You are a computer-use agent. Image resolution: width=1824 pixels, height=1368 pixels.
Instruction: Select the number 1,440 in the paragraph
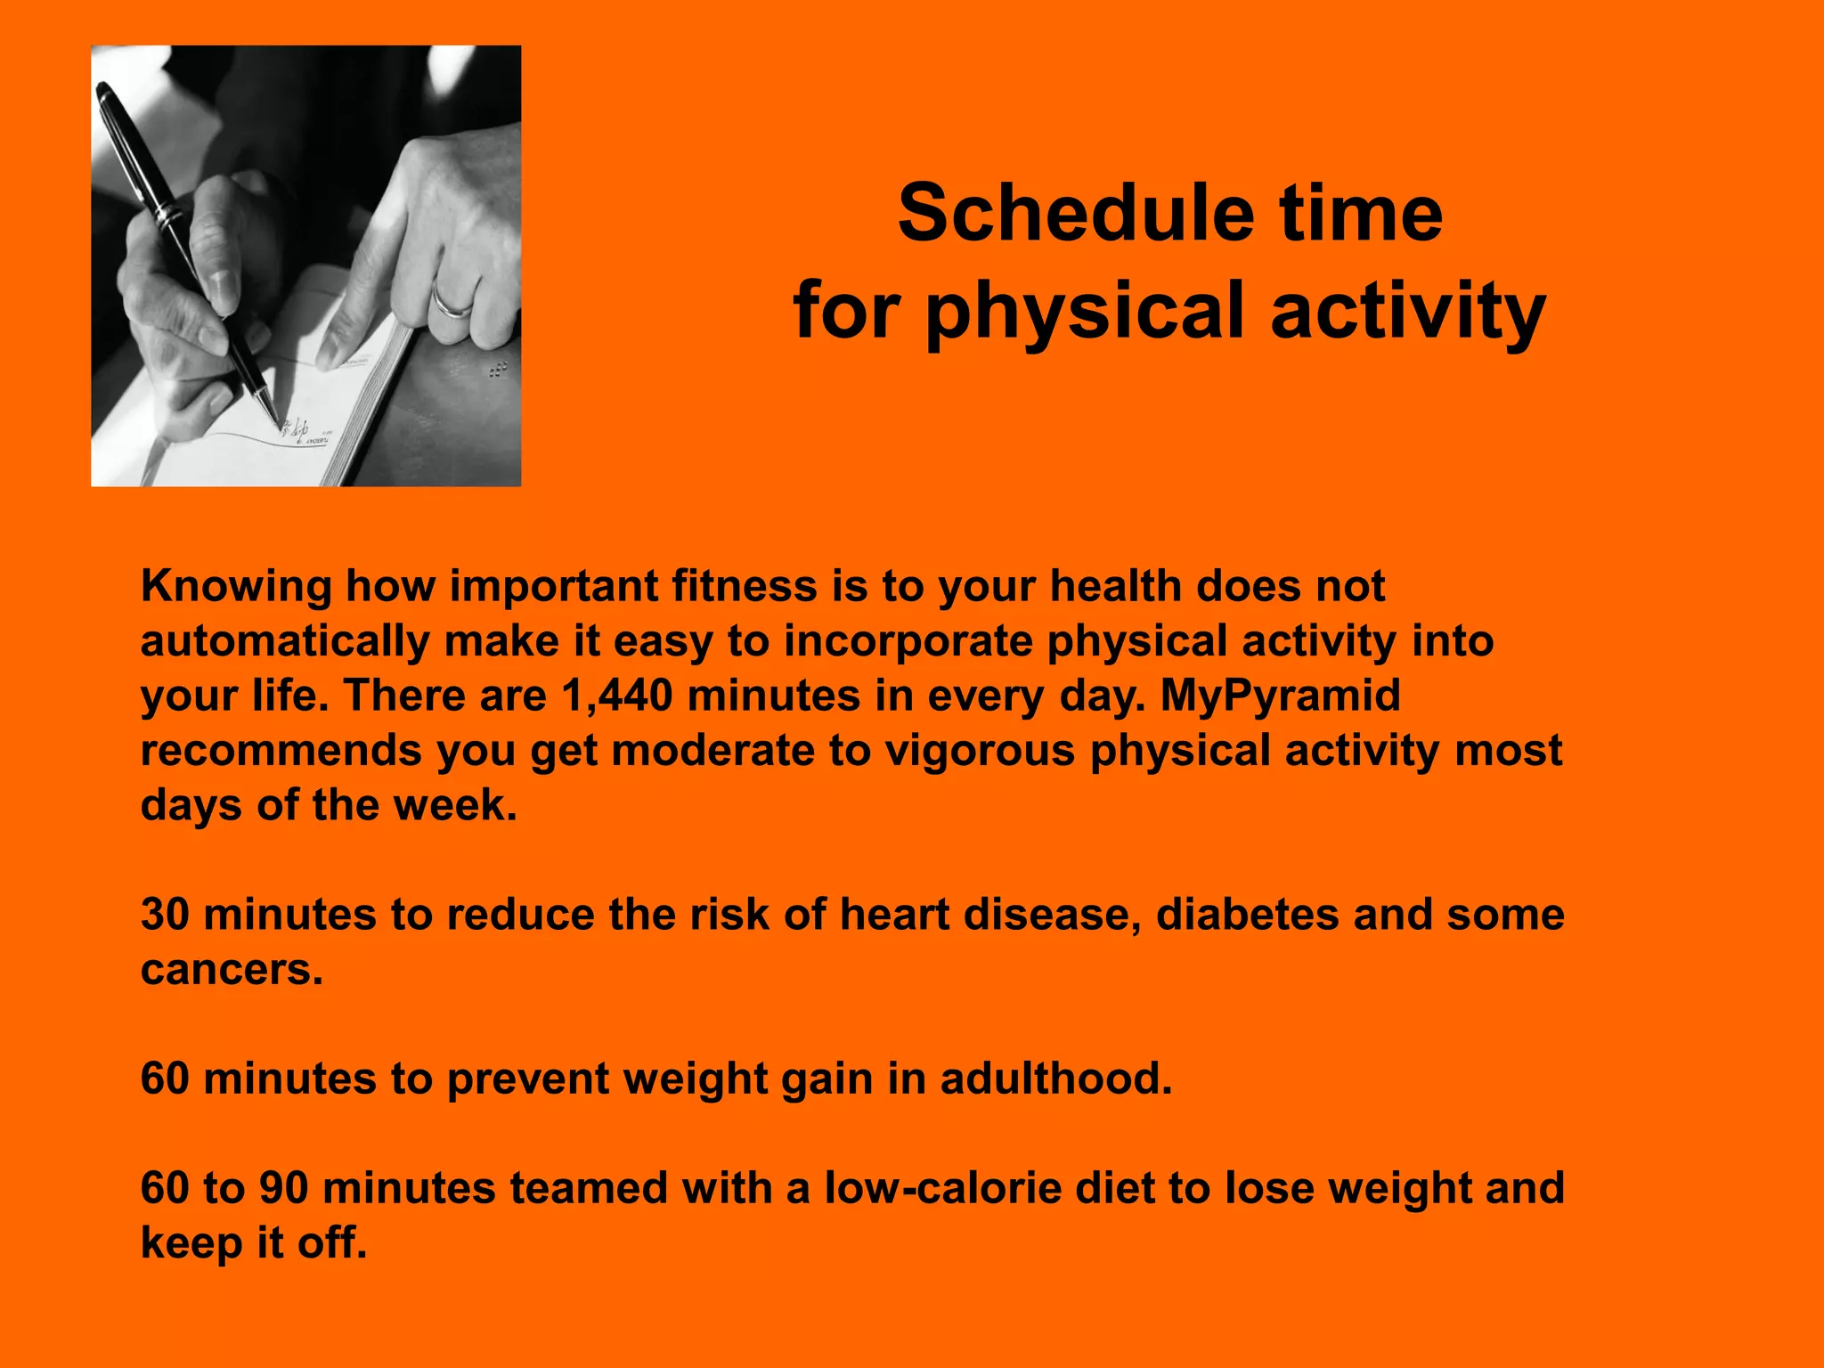[617, 696]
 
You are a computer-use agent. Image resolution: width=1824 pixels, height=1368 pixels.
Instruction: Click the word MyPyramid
[1280, 696]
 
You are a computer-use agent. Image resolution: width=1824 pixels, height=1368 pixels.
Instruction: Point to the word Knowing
[236, 587]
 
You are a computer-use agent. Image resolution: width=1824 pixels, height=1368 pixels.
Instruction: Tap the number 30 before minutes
[165, 915]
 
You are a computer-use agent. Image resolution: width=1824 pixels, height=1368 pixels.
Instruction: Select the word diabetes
[1246, 915]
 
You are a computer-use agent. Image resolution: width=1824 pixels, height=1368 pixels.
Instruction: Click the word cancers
[232, 970]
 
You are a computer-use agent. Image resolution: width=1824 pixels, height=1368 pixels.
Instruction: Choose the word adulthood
[1055, 1079]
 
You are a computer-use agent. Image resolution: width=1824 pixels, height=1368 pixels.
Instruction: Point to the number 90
[283, 1188]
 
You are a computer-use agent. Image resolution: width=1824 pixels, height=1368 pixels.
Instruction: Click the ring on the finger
[452, 301]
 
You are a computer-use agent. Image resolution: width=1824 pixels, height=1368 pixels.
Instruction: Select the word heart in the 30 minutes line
[893, 915]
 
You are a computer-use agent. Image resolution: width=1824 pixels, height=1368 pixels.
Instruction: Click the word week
[454, 805]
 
